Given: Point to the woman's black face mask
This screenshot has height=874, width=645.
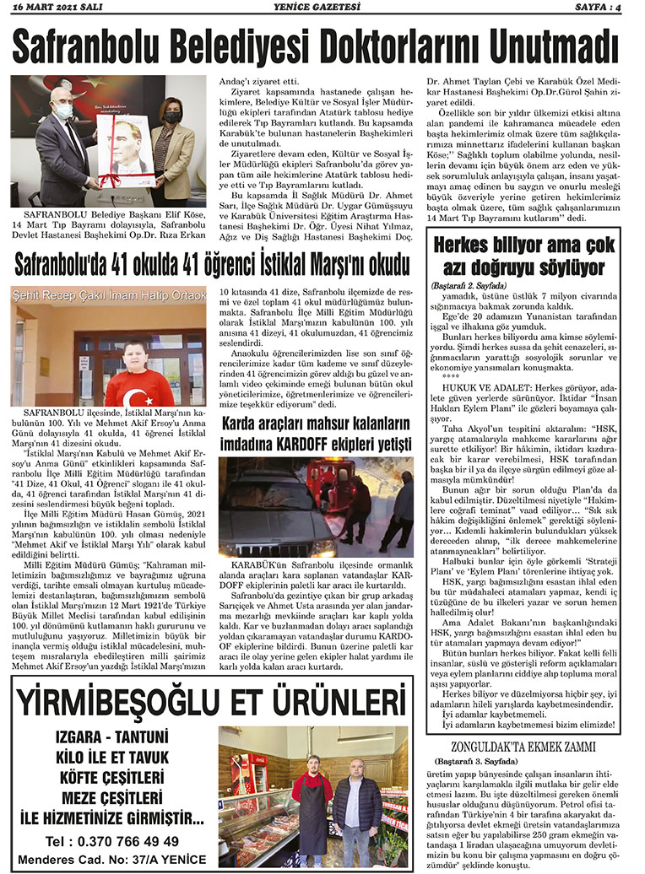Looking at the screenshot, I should click(171, 117).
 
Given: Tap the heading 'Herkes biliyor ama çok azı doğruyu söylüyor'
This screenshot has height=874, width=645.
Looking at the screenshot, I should click(524, 257).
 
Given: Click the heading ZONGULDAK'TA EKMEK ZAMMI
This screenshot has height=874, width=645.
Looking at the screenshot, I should click(524, 747).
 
